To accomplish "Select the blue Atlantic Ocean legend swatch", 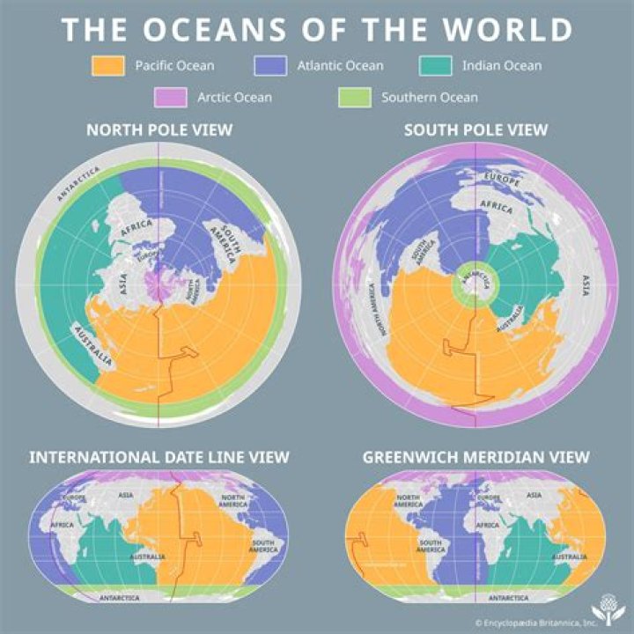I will [270, 66].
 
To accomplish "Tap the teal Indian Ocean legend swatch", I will [434, 66].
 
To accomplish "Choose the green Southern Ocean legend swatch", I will [355, 97].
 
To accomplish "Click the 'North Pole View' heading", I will [158, 130].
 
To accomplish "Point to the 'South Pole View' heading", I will [475, 130].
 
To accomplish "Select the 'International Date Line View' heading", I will [158, 457].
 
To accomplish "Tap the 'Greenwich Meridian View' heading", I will [475, 457].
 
